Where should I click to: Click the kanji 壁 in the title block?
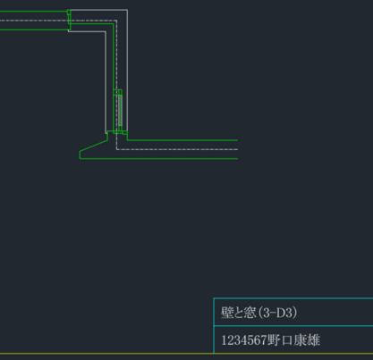pyautogui.click(x=226, y=313)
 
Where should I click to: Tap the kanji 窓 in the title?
pyautogui.click(x=250, y=313)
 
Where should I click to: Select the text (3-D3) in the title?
pyautogui.click(x=277, y=313)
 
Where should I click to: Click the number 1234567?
pyautogui.click(x=244, y=340)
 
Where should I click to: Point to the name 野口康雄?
pyautogui.click(x=293, y=340)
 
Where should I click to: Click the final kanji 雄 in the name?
pyautogui.click(x=314, y=340)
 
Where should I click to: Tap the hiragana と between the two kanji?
pyautogui.click(x=238, y=313)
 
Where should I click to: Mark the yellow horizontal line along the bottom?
pyautogui.click(x=186, y=354)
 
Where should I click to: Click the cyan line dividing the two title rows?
pyautogui.click(x=293, y=326)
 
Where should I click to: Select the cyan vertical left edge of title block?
pyautogui.click(x=214, y=325)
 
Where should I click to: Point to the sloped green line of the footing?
pyautogui.click(x=94, y=146)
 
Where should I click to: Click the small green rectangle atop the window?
pyautogui.click(x=117, y=92)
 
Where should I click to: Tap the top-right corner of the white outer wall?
pyautogui.click(x=127, y=10)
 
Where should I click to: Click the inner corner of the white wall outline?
pyautogui.click(x=106, y=31)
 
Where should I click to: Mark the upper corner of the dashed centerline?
pyautogui.click(x=116, y=21)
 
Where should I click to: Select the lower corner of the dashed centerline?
pyautogui.click(x=116, y=149)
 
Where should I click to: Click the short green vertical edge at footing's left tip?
pyautogui.click(x=80, y=155)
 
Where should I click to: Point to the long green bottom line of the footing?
pyautogui.click(x=158, y=158)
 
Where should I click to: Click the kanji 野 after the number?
pyautogui.click(x=274, y=340)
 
